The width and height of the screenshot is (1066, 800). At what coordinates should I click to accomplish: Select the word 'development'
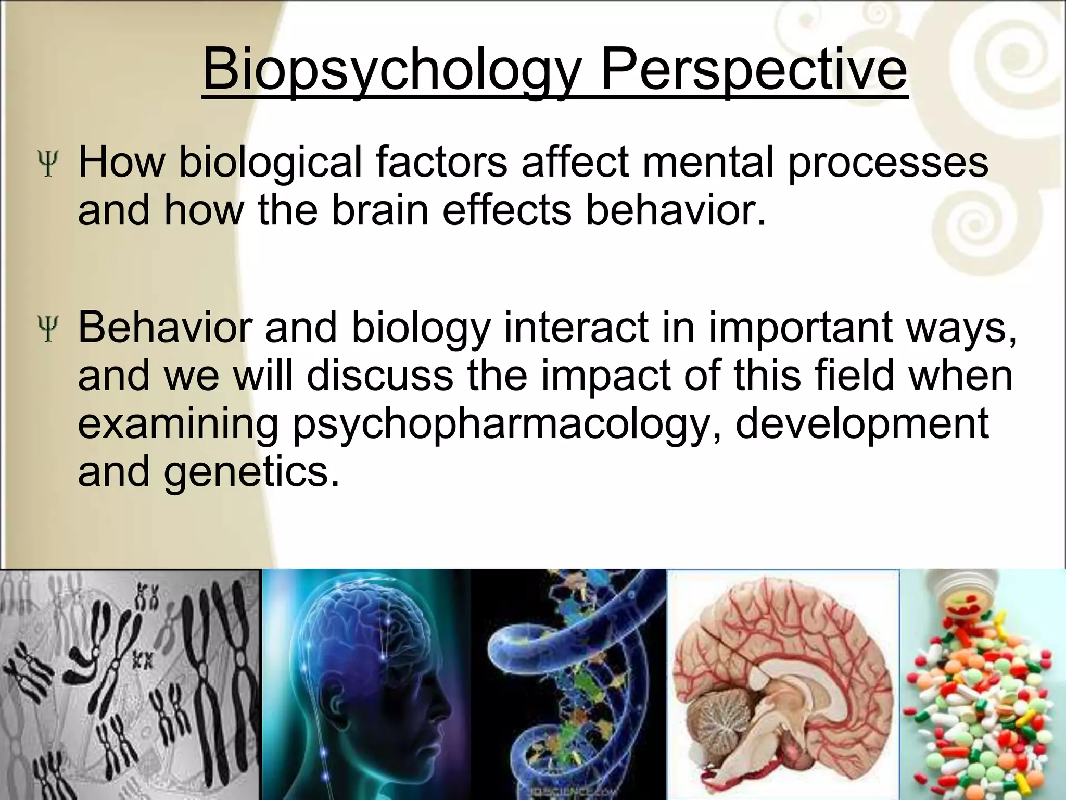click(x=861, y=424)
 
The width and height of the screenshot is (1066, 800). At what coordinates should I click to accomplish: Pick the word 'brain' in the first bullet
click(x=380, y=210)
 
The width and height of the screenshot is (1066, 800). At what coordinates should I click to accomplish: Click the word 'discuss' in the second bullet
click(x=380, y=376)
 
